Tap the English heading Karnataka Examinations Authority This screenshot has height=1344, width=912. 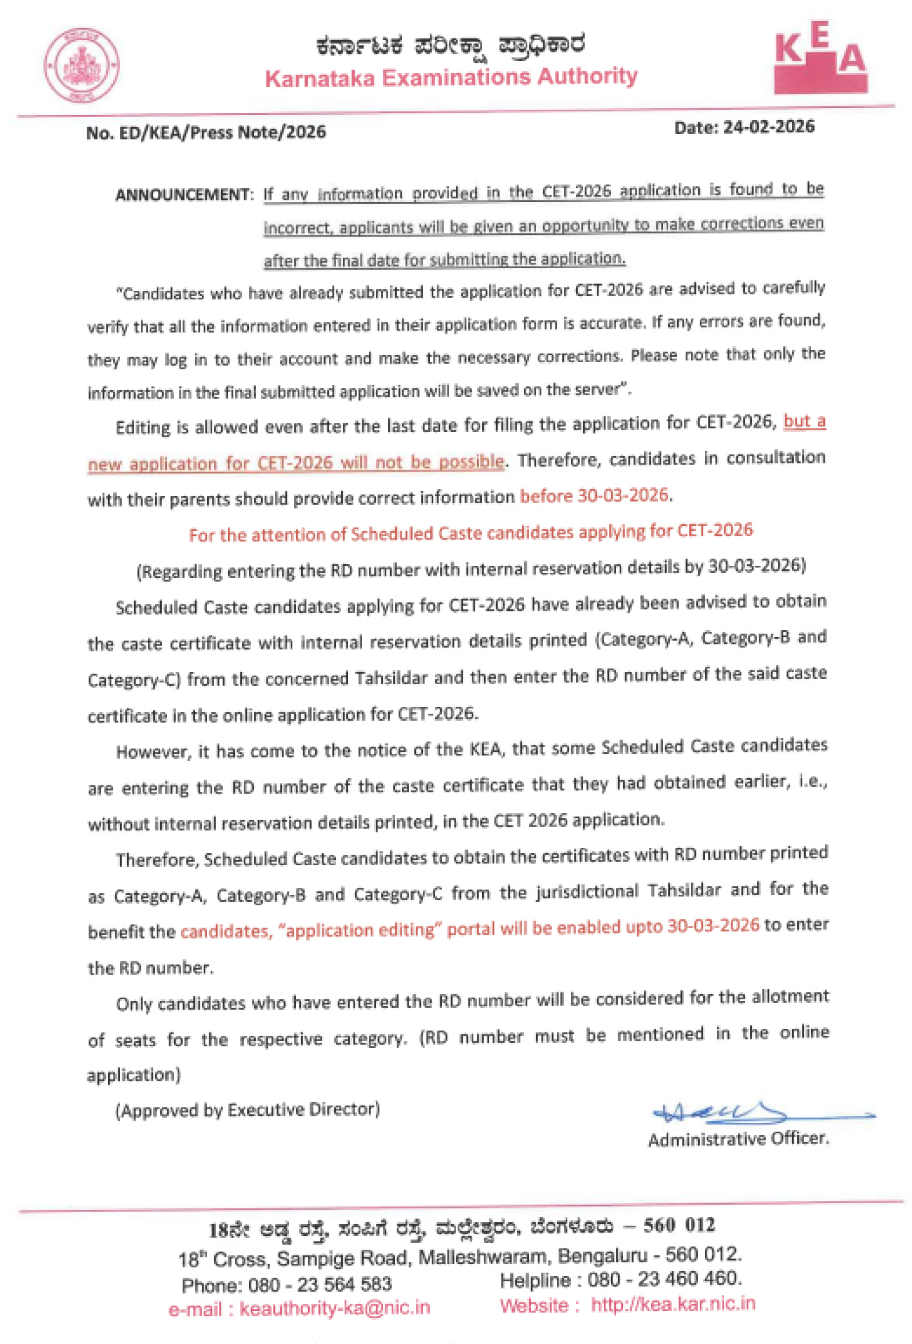450,77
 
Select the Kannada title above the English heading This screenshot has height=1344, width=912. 450,45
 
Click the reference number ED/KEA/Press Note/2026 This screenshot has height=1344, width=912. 222,132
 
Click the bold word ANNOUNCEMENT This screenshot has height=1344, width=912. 184,195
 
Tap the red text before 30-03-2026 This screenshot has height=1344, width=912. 595,496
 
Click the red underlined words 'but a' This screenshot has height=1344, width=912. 804,422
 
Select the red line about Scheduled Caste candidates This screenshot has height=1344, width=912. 470,533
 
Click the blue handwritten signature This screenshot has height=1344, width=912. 752,1111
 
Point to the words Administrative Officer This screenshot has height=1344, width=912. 738,1139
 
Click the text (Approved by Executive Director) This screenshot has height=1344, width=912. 247,1110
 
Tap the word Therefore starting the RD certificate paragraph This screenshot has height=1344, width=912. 156,860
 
